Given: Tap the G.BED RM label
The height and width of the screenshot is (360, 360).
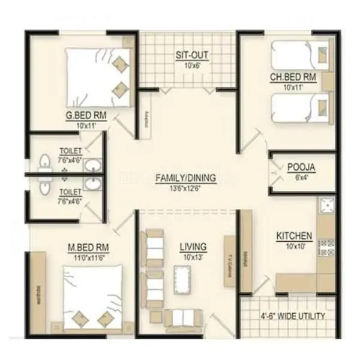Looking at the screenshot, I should click(x=83, y=116).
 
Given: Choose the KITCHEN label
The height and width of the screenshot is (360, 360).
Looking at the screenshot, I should click(x=293, y=236).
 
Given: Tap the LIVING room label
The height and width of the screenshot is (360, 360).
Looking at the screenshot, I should click(x=193, y=246).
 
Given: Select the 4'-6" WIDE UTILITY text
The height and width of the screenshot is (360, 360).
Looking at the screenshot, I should click(x=292, y=316).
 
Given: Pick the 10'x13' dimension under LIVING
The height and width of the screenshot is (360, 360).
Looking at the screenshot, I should click(x=193, y=256).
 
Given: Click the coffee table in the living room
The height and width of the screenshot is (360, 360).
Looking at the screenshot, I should click(x=183, y=279).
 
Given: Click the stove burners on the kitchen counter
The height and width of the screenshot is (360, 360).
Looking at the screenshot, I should click(x=326, y=247).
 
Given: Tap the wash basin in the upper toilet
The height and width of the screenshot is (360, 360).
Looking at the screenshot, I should click(x=92, y=165).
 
